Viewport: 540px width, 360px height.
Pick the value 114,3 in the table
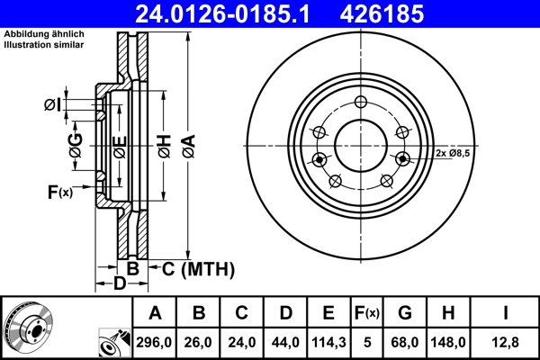click(328, 342)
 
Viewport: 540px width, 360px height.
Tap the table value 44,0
click(285, 342)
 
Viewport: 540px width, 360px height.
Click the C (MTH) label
click(197, 268)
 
